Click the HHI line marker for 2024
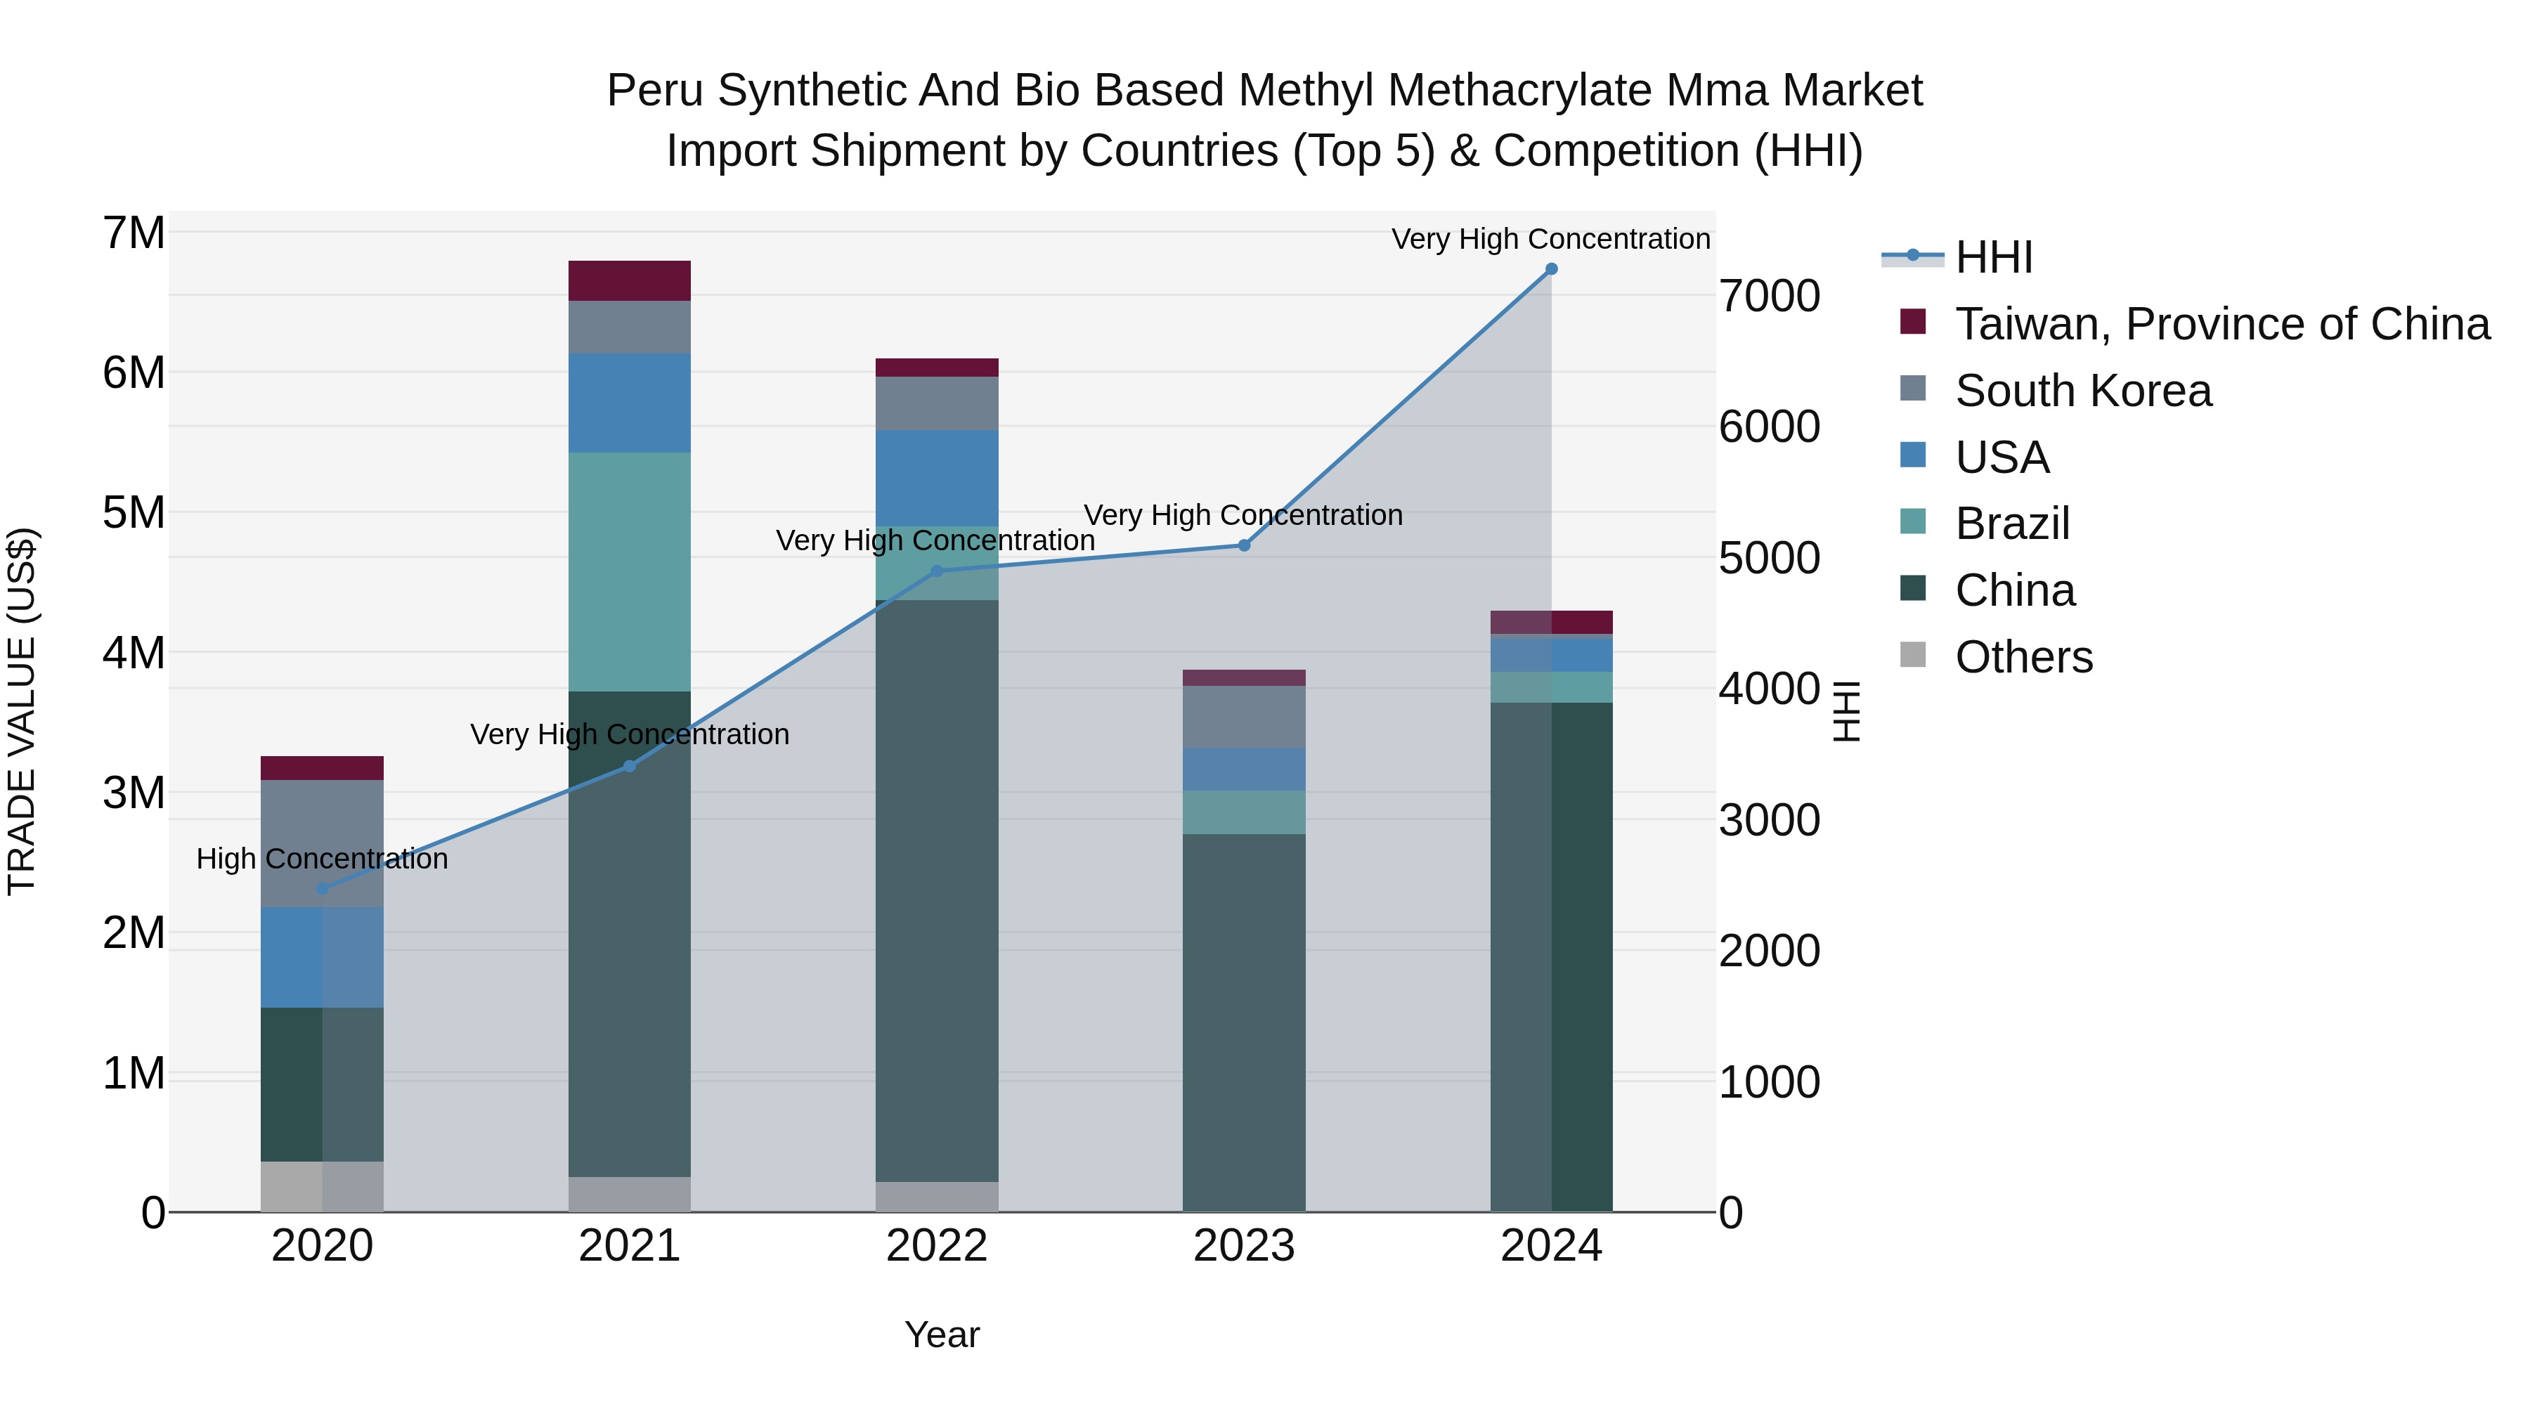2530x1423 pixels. pos(1551,269)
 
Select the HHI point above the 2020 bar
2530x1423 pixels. pos(322,889)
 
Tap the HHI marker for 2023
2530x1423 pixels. pos(1243,545)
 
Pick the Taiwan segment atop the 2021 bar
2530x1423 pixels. pos(630,281)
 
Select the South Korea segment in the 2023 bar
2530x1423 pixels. pos(1243,717)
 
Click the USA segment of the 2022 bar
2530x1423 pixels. pos(937,479)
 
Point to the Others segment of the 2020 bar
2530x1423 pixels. pos(322,1186)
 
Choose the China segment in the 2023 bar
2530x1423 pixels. pos(1243,1021)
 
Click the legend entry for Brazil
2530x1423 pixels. pos(2011,524)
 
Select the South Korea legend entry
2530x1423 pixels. pos(2082,391)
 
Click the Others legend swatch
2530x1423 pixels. pos(1912,655)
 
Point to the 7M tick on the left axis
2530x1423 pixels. pos(134,234)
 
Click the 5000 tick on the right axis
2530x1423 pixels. pos(1769,558)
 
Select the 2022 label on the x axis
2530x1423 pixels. pos(936,1246)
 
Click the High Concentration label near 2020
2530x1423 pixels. pos(321,859)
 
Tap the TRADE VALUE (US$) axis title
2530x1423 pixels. pos(22,710)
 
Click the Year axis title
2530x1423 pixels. pos(941,1334)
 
